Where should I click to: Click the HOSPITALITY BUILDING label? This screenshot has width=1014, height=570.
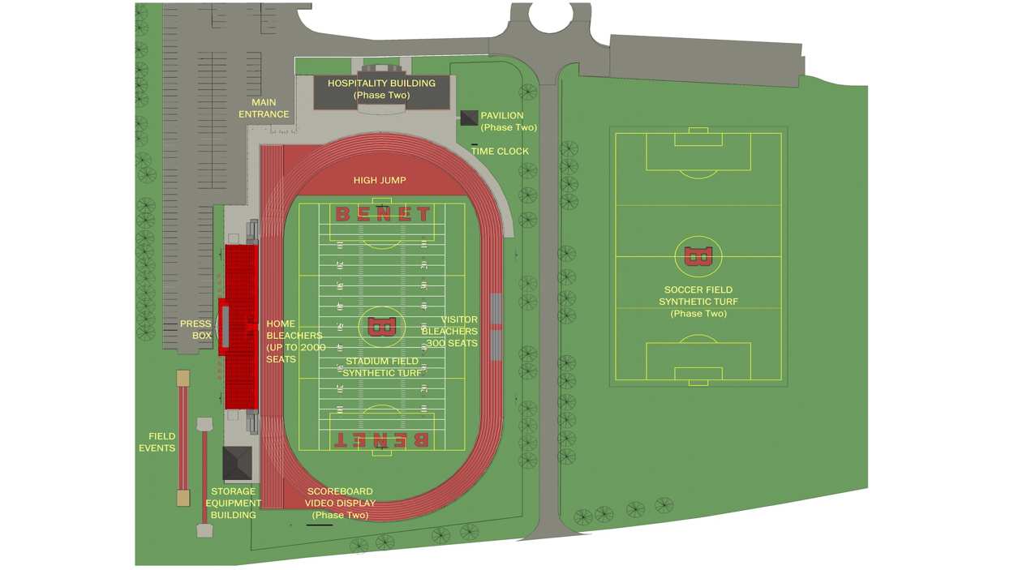tap(381, 89)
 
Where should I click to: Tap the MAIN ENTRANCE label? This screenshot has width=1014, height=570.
tap(264, 109)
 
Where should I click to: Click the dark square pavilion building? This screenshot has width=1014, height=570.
tap(469, 118)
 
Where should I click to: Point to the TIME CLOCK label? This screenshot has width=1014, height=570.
tap(500, 152)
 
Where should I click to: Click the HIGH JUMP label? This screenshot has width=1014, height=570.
tap(380, 180)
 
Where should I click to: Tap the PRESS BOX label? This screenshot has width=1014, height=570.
tap(195, 329)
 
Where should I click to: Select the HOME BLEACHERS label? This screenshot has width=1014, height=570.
tap(295, 341)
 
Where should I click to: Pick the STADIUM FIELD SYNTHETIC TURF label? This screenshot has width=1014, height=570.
tap(382, 367)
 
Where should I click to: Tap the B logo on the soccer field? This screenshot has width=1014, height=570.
tap(698, 256)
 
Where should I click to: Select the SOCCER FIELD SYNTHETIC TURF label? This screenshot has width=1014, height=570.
tap(698, 302)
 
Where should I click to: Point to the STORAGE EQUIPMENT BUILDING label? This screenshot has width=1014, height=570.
tap(233, 503)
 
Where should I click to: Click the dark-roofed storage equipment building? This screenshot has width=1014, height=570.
tap(237, 463)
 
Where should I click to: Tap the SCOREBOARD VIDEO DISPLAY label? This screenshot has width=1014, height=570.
tap(340, 503)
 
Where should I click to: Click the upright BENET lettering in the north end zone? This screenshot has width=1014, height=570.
tap(383, 214)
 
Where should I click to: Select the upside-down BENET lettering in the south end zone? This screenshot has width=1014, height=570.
tap(381, 439)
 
